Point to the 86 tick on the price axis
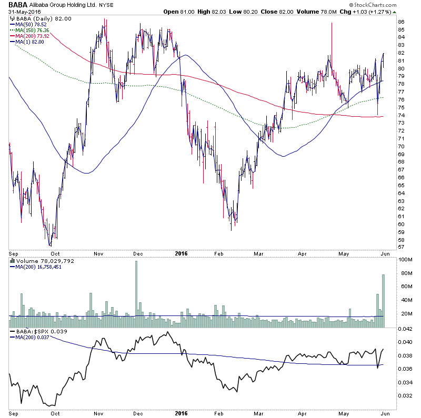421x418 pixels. (x=401, y=22)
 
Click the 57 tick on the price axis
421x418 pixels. (x=401, y=247)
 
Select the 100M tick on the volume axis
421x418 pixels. (x=405, y=260)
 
